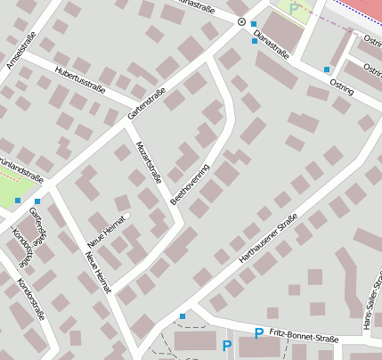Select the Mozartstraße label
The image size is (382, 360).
[148, 162]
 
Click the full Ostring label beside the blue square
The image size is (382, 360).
[342, 86]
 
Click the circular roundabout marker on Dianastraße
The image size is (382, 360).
[241, 20]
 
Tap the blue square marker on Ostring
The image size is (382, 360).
[327, 69]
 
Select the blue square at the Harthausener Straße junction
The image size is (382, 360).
[183, 315]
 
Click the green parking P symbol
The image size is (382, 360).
[294, 9]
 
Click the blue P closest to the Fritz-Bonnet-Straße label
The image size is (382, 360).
[258, 333]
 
